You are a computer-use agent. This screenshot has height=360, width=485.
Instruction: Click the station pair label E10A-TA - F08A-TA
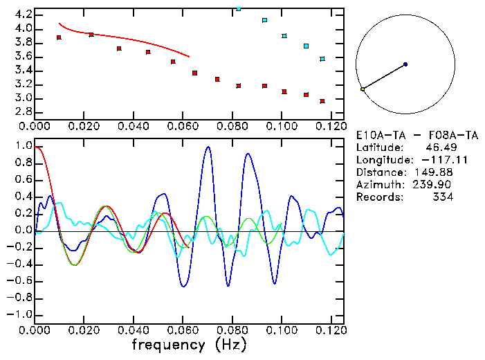(x=417, y=135)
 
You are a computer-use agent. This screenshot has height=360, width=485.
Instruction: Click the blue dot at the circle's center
(x=405, y=64)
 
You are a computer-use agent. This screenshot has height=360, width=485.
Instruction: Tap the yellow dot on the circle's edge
(x=362, y=89)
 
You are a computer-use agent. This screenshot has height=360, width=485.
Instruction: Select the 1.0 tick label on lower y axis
(x=23, y=147)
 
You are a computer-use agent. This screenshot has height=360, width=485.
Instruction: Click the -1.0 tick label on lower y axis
(x=21, y=314)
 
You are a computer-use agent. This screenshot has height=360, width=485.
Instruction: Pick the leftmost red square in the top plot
(x=60, y=37)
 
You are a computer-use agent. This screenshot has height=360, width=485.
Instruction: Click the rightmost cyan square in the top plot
(x=322, y=59)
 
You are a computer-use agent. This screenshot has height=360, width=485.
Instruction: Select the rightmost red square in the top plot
(x=322, y=101)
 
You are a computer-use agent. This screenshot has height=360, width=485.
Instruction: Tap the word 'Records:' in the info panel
(x=379, y=197)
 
